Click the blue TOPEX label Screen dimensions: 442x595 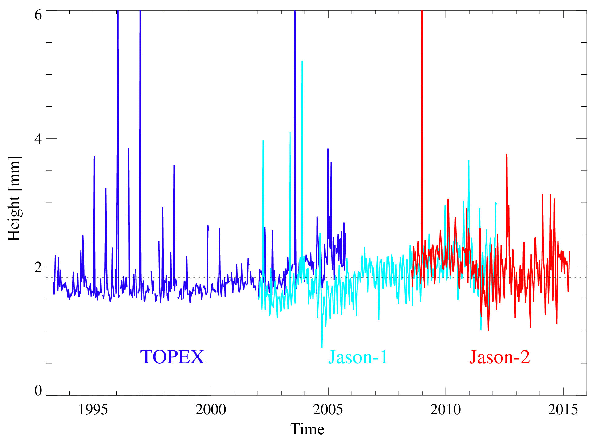[172, 357]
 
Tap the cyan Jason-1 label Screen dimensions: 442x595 [358, 357]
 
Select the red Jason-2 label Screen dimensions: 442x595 [499, 357]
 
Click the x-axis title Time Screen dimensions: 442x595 [307, 429]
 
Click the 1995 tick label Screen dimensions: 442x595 [93, 410]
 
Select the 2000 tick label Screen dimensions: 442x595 [211, 410]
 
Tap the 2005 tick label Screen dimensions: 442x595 [328, 410]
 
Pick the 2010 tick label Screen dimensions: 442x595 [445, 410]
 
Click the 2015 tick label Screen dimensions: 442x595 [563, 410]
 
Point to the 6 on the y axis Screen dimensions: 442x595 [38, 14]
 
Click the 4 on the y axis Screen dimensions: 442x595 [38, 139]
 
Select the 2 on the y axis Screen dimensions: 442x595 [38, 267]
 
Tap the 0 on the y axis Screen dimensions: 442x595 [38, 390]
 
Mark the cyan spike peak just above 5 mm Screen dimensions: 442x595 [302, 62]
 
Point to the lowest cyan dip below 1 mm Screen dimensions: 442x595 [322, 347]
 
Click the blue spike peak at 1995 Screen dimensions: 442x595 [94, 156]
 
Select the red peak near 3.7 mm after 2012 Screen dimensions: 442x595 [507, 155]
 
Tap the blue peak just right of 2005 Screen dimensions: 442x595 [328, 149]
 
